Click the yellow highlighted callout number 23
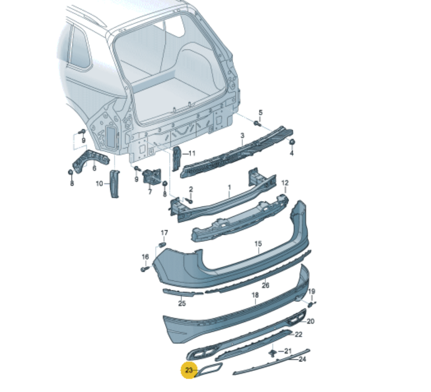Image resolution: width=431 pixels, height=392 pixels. click(x=189, y=370)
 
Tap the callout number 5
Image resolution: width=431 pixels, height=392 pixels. click(x=260, y=112)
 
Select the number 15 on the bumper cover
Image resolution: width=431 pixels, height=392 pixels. click(x=258, y=244)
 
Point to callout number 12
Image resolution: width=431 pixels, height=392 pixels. click(x=285, y=183)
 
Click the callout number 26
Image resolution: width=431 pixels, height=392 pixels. click(x=266, y=285)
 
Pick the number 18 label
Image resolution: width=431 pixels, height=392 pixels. click(x=255, y=295)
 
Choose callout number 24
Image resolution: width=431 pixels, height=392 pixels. click(x=302, y=359)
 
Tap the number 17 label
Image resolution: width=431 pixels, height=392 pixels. click(x=164, y=233)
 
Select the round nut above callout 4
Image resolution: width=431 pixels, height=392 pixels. click(x=292, y=142)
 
